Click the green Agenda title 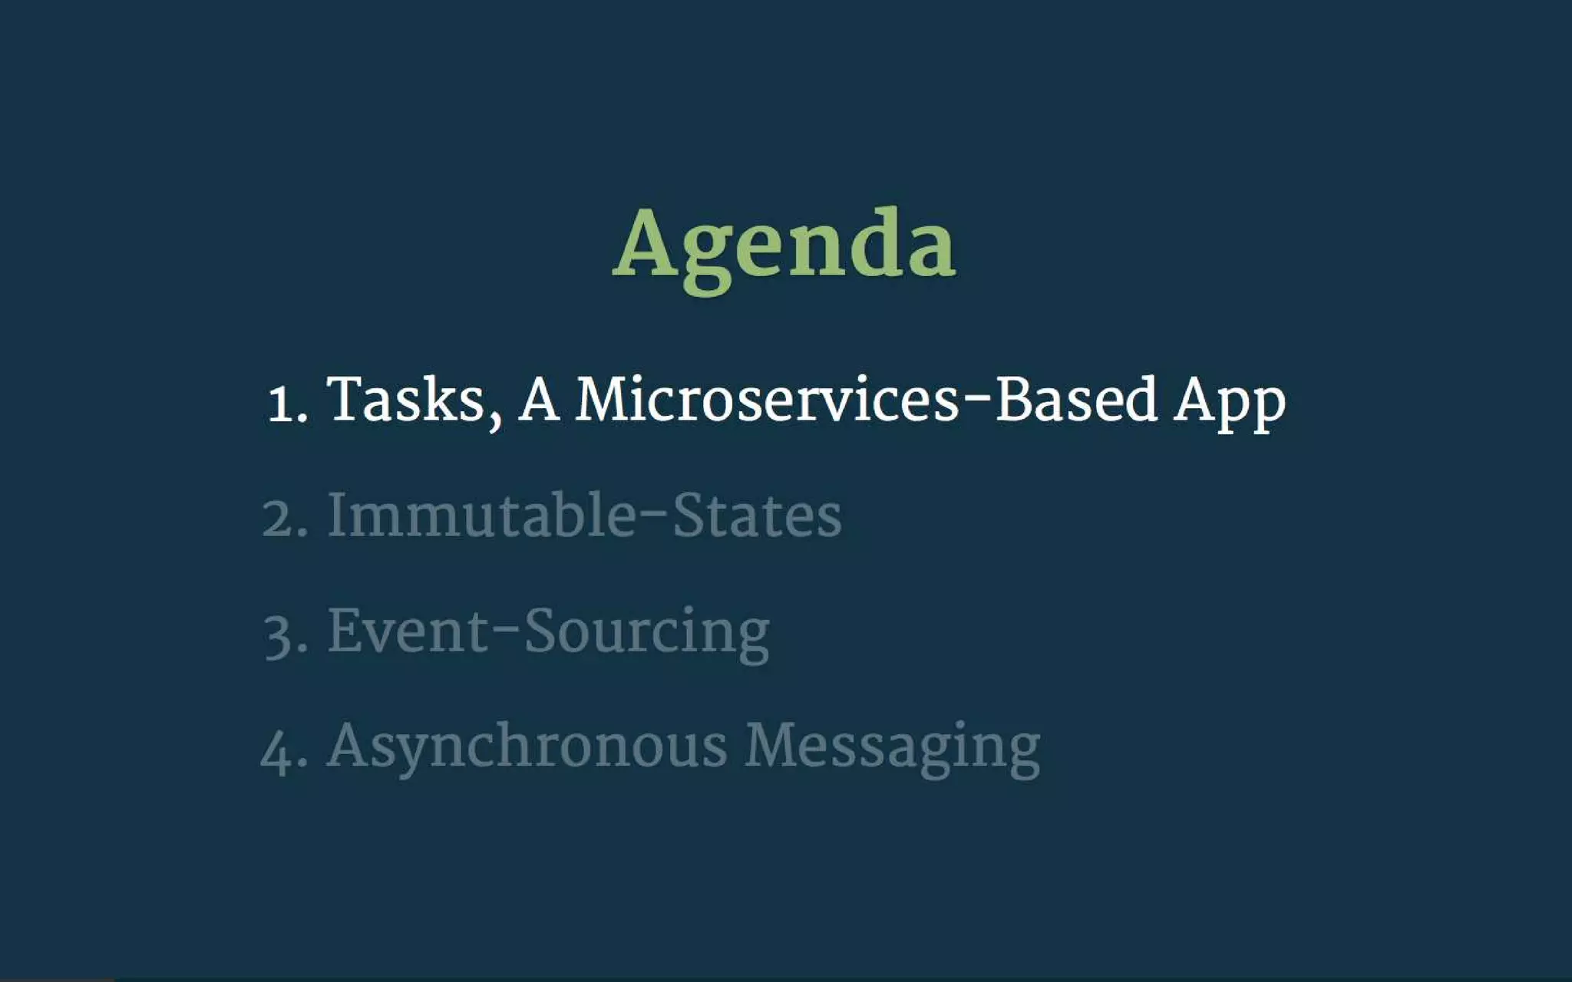click(784, 245)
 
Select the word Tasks click(405, 399)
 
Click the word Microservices click(767, 399)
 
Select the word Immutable click(482, 515)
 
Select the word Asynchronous click(527, 746)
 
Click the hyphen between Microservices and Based click(977, 399)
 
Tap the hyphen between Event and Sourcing click(507, 630)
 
